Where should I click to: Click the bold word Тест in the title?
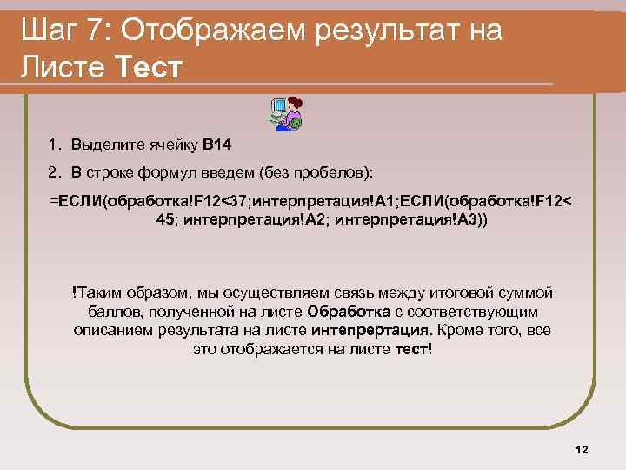point(148,68)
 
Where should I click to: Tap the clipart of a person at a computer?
point(288,114)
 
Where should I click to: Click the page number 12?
point(582,449)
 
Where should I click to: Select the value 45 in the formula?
point(165,219)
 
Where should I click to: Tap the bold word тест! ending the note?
point(413,349)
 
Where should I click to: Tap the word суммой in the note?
point(526,292)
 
